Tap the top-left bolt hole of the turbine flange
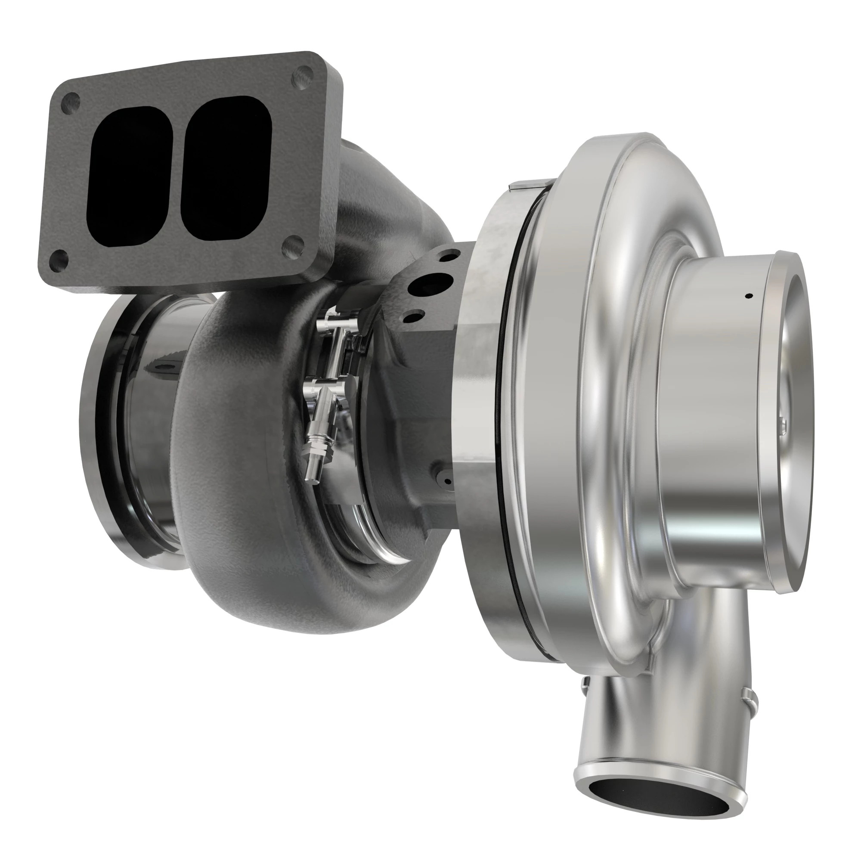(71, 102)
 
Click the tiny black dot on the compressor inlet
(749, 295)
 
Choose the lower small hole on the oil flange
(413, 317)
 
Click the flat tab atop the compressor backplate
(533, 185)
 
